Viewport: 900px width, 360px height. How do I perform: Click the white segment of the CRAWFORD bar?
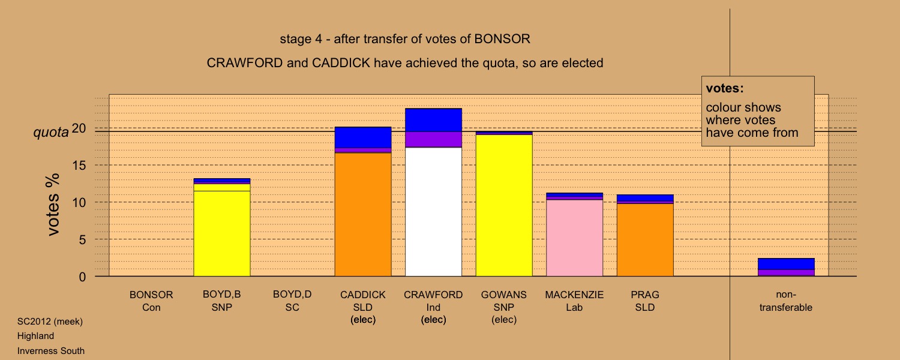click(x=433, y=212)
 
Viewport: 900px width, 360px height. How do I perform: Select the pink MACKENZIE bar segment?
click(x=574, y=238)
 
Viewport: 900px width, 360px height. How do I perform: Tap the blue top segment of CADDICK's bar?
click(x=363, y=137)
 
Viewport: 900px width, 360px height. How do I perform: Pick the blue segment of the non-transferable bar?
click(x=786, y=263)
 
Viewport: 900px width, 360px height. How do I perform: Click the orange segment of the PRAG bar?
click(x=645, y=240)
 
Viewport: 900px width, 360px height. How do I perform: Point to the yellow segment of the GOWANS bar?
click(x=504, y=205)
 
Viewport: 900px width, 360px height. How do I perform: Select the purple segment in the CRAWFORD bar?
click(x=433, y=139)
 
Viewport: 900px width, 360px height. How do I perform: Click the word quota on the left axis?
click(x=51, y=132)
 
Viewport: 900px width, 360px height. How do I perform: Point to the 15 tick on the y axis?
click(x=79, y=165)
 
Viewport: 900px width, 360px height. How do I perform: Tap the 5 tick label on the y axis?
click(x=82, y=240)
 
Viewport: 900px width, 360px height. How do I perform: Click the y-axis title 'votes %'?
click(x=53, y=205)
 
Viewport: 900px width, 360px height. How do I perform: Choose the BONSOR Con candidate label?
click(x=151, y=301)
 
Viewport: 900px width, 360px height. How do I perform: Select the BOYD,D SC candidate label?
click(x=292, y=301)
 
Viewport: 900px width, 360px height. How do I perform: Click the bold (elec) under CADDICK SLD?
click(x=363, y=319)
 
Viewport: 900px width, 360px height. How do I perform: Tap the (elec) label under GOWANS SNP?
click(x=504, y=319)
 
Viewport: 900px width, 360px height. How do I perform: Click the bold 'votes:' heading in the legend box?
click(x=724, y=88)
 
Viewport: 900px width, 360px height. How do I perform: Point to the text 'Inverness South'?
click(x=50, y=351)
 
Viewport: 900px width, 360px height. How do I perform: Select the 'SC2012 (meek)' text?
click(x=50, y=322)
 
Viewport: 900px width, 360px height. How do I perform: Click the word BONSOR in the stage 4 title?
click(x=502, y=38)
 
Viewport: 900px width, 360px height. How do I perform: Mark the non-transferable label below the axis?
click(x=786, y=301)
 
